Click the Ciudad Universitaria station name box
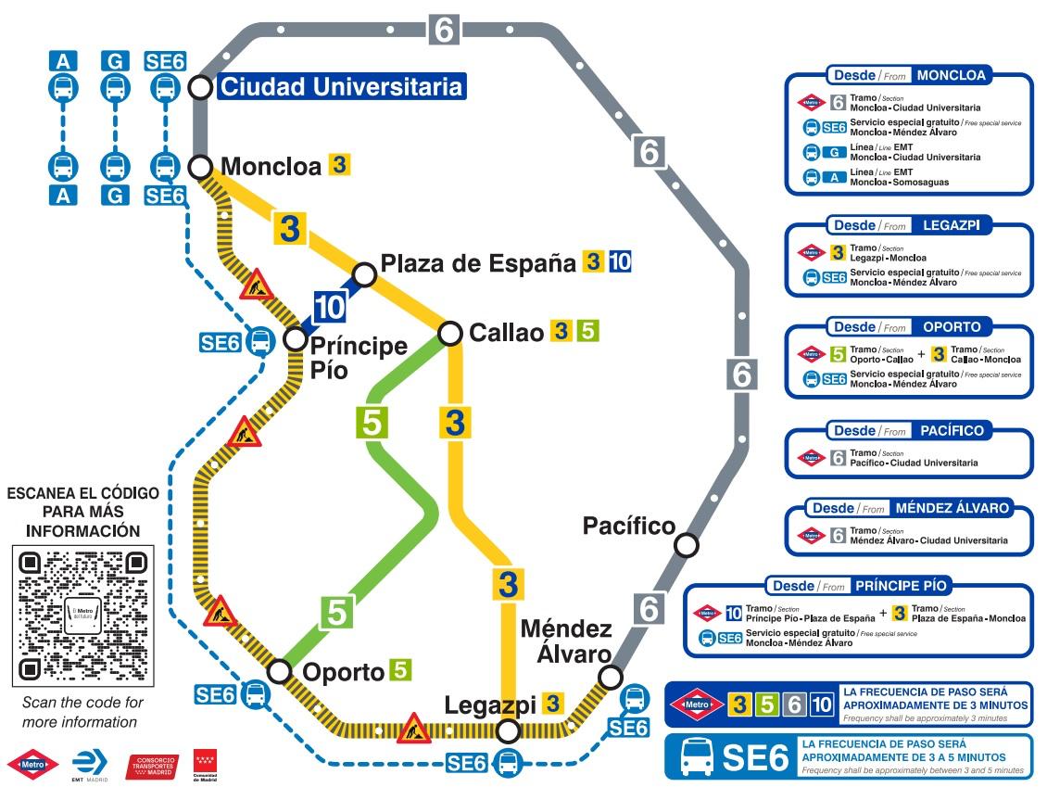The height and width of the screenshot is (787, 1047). click(341, 87)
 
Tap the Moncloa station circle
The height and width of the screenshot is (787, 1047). click(200, 167)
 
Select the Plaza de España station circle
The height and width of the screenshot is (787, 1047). click(365, 274)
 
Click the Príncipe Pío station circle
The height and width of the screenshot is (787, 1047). click(295, 339)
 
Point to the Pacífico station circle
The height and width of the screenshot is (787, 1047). click(686, 545)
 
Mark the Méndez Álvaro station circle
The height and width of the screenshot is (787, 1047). click(610, 678)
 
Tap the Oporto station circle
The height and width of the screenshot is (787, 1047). click(279, 671)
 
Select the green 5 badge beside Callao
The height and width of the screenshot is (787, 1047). click(587, 331)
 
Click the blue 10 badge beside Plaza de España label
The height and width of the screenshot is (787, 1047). click(620, 262)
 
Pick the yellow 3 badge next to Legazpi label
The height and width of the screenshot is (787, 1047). click(553, 704)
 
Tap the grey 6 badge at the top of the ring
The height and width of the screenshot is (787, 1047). click(444, 30)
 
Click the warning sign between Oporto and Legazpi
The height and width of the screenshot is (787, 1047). click(411, 729)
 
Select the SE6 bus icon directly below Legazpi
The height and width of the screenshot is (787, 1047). click(507, 763)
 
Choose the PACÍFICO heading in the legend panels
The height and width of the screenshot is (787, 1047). click(952, 431)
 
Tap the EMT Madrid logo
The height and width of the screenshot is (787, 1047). click(90, 764)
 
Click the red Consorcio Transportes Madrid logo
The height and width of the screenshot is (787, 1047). click(150, 766)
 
